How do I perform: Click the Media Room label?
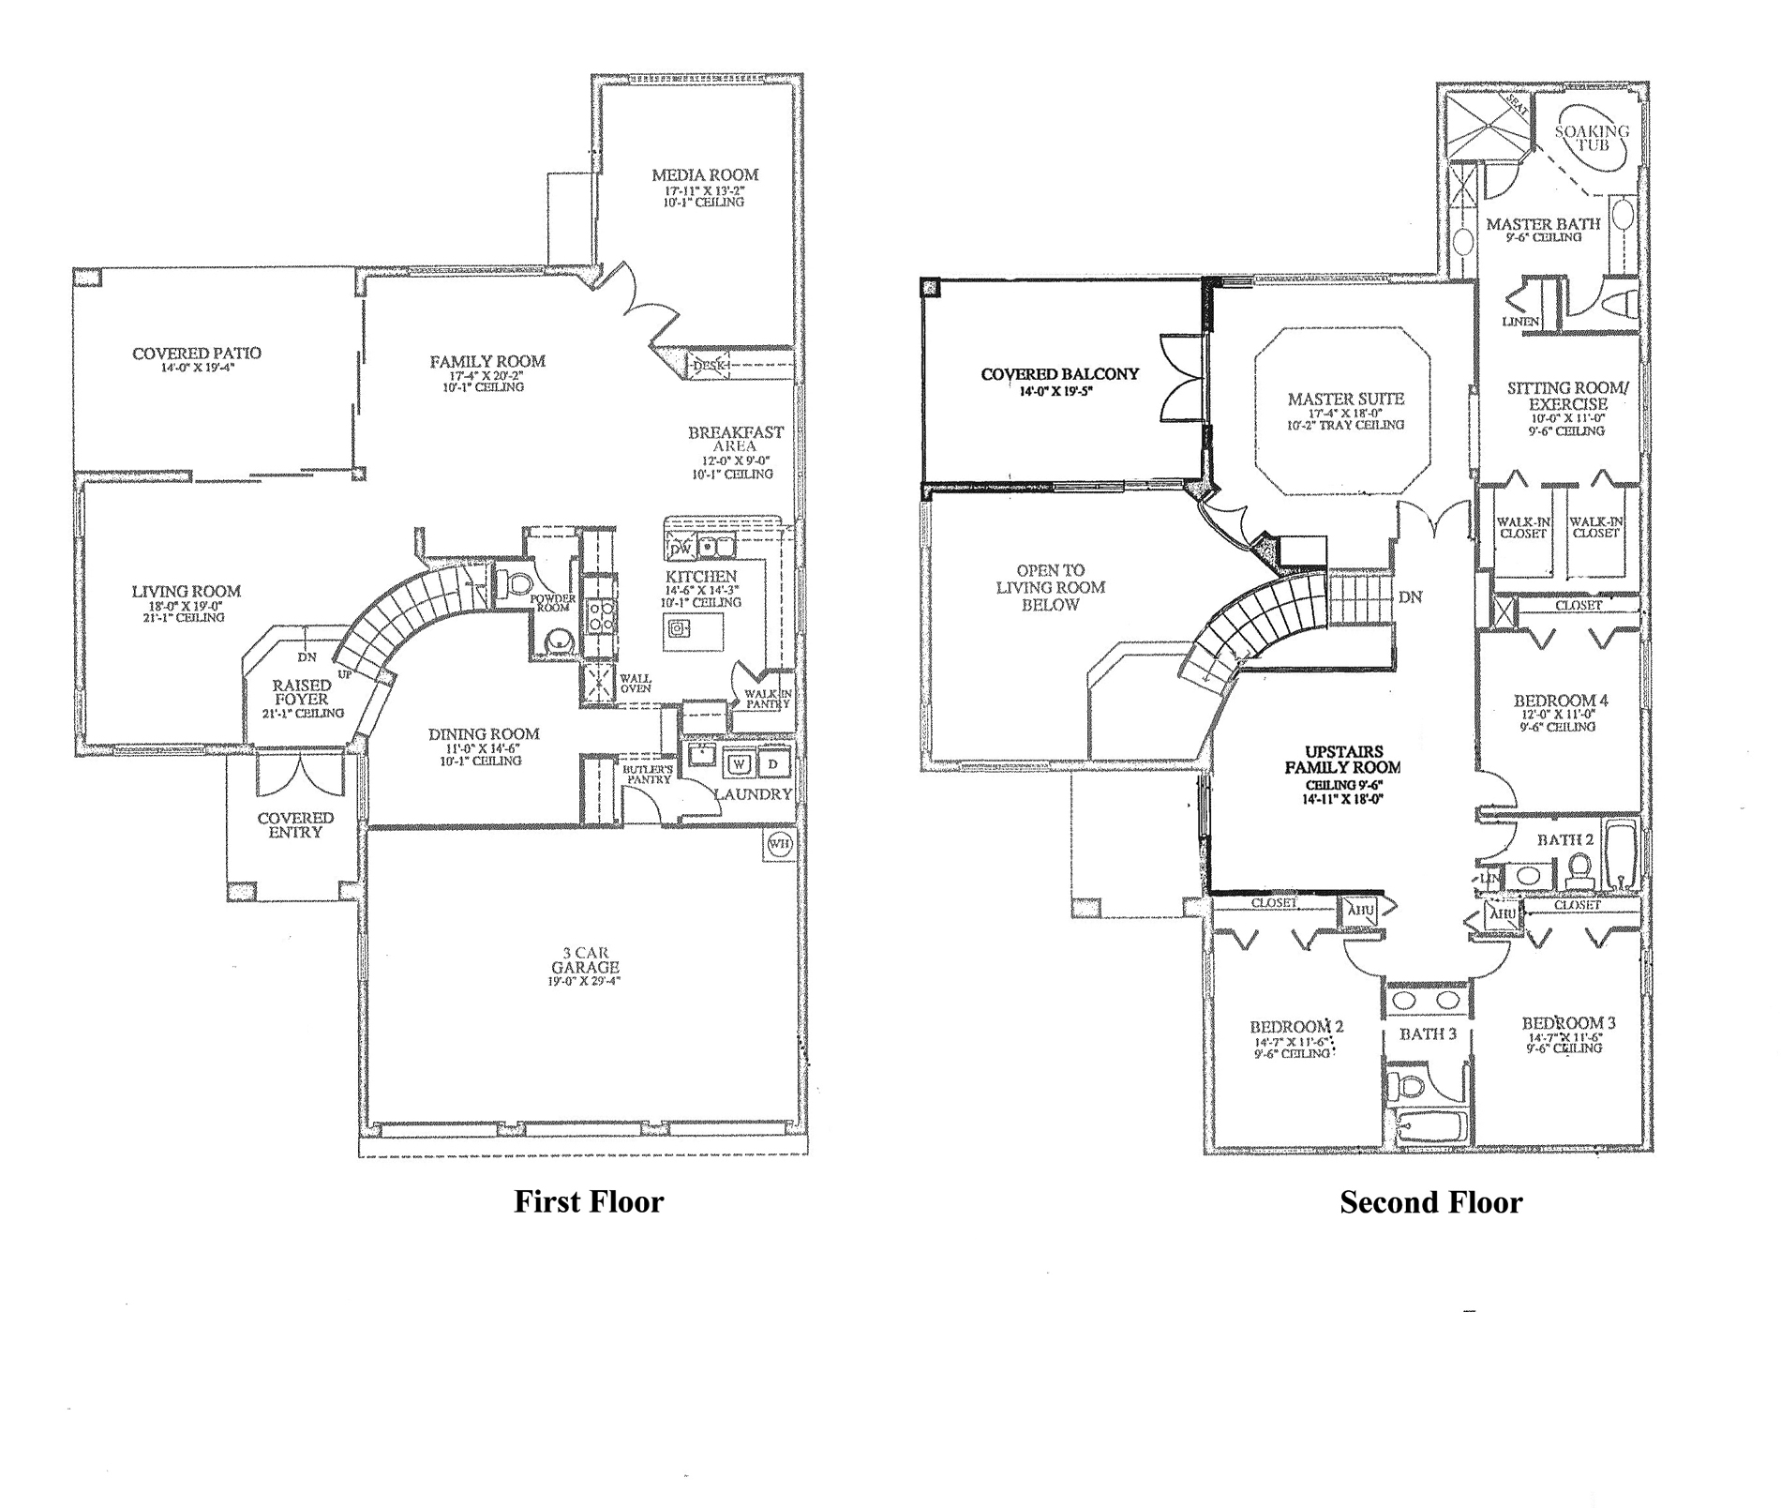(705, 174)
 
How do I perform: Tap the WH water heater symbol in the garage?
(779, 843)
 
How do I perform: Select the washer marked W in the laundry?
(740, 763)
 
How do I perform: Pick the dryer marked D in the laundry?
(773, 763)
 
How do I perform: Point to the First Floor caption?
(588, 1201)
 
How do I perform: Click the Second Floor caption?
(1430, 1201)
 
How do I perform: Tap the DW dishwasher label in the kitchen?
(681, 548)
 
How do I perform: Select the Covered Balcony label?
(1059, 374)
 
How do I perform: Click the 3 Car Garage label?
(585, 960)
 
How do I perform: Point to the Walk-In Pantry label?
(769, 699)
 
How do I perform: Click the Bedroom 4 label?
(1561, 701)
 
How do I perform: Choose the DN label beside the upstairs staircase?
(1410, 596)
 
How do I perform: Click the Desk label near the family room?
(710, 365)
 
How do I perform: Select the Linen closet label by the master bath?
(1520, 322)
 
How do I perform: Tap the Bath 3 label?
(1428, 1034)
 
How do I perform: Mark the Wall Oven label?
(635, 683)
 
